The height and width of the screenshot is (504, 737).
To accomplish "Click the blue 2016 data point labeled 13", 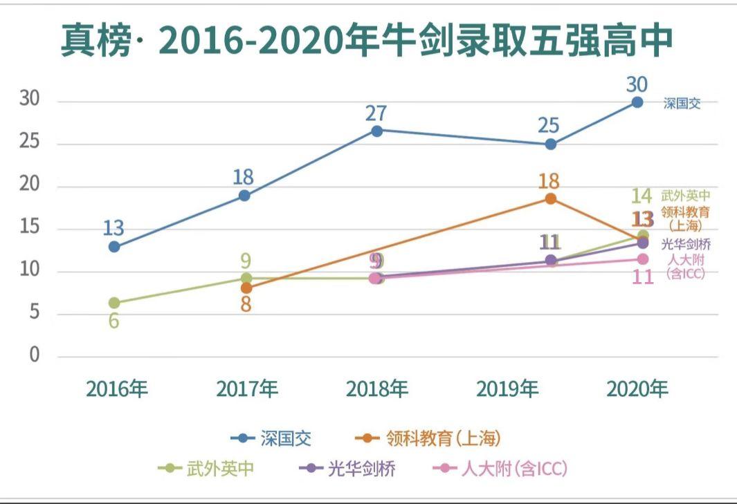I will coord(114,246).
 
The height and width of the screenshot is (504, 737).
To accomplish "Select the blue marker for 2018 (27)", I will coord(376,131).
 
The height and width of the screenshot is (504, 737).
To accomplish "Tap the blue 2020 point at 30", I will coord(637,102).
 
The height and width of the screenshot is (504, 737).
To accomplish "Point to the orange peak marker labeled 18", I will coord(550,198).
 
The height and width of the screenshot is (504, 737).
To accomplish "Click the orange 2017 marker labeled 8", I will coord(246,288).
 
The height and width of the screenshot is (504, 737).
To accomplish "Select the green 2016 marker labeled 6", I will coord(114,303).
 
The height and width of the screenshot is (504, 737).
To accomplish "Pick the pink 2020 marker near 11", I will coord(642,259).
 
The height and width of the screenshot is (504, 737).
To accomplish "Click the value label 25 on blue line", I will coord(549,126).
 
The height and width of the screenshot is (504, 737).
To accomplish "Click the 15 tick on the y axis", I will coord(30,229).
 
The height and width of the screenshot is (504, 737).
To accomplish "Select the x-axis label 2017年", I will coord(246,389).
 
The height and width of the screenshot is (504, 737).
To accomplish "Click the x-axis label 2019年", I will coord(507,389).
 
